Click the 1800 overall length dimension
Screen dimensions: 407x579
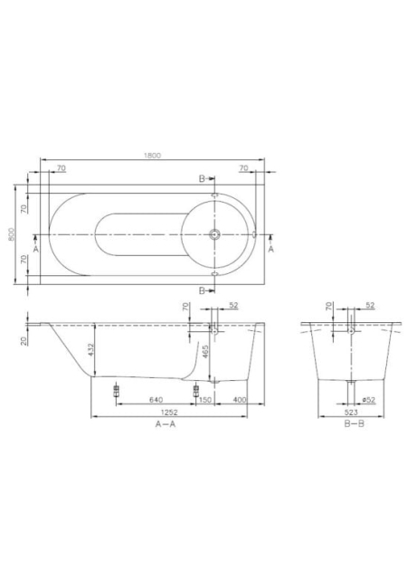(152, 156)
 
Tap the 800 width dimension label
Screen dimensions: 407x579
(12, 233)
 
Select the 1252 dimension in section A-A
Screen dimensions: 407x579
(169, 413)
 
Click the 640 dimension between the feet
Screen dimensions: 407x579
(156, 400)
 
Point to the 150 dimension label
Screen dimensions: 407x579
(205, 400)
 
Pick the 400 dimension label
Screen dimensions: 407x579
(240, 400)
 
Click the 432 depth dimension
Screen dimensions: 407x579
(90, 350)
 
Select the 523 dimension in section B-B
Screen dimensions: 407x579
(351, 413)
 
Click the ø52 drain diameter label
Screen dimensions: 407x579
(369, 400)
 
